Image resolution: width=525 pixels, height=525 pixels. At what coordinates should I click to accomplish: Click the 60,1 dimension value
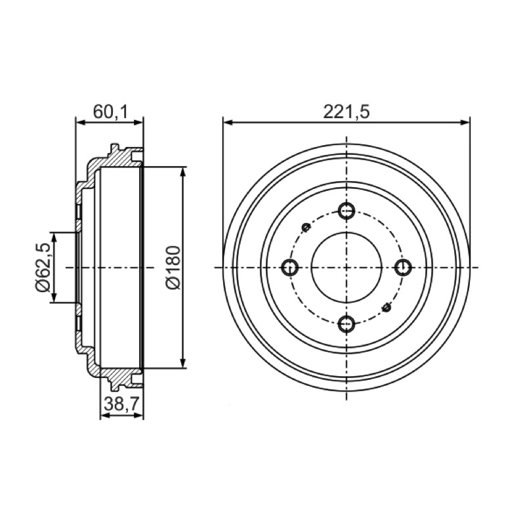110,112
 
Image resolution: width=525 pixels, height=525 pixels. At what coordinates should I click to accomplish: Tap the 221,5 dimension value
346,112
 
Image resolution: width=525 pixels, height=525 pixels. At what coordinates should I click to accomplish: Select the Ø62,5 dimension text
43,267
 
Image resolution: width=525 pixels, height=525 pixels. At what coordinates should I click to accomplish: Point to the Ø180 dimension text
173,267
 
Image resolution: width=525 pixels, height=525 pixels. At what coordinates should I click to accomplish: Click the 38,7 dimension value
121,404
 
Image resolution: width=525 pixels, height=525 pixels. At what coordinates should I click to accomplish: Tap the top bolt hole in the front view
346,211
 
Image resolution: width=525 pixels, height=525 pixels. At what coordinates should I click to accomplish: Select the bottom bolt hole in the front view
346,324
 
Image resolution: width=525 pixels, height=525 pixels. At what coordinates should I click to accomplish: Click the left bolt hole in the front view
290,268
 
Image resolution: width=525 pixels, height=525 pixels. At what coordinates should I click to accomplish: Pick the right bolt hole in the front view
403,268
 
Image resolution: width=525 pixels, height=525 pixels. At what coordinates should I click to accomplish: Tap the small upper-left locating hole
306,227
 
